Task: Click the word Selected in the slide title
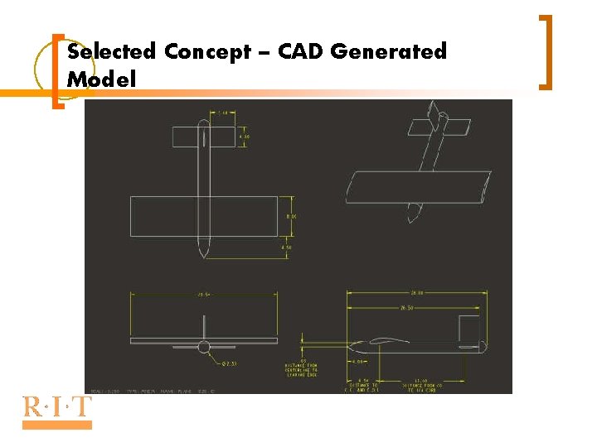[x=111, y=52]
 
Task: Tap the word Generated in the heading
[x=388, y=52]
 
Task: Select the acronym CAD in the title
[x=301, y=52]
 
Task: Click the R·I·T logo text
[x=57, y=406]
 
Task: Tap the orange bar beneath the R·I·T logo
[x=57, y=425]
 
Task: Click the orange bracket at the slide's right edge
[x=547, y=51]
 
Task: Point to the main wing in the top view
[x=166, y=217]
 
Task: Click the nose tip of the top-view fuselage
[x=203, y=253]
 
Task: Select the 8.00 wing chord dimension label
[x=291, y=217]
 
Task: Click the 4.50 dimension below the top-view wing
[x=286, y=248]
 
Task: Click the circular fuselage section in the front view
[x=205, y=347]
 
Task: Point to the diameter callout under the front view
[x=229, y=363]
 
